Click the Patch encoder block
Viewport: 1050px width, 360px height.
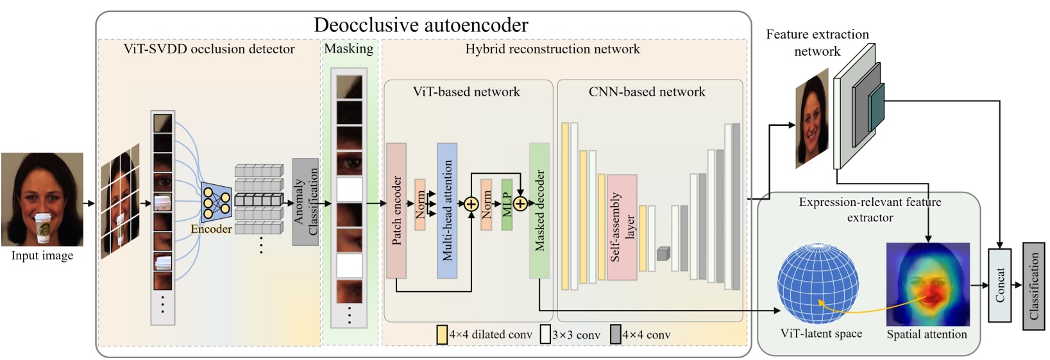(x=396, y=210)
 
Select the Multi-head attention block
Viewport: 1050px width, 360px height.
(x=447, y=210)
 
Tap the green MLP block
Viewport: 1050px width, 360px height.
(x=507, y=204)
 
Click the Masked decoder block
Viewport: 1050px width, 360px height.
(x=539, y=210)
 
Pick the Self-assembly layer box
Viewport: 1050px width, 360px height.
(x=622, y=227)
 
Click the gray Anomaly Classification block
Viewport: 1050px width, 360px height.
(x=305, y=201)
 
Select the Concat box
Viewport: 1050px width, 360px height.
(x=999, y=285)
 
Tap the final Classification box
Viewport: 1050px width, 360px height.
(x=1033, y=286)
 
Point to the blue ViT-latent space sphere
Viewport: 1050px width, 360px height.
(x=818, y=284)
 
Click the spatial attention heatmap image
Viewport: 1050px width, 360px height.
(x=927, y=284)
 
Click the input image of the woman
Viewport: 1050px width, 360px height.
(x=42, y=199)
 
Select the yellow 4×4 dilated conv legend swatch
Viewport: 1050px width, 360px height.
(x=442, y=334)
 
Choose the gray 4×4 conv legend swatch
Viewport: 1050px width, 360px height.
(x=615, y=334)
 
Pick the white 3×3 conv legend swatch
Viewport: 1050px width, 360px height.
(x=545, y=334)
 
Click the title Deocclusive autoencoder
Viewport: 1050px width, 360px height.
(x=421, y=25)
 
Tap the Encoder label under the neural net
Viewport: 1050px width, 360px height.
(x=211, y=229)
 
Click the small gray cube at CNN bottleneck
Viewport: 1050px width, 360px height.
(x=663, y=253)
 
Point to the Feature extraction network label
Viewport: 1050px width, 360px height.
(x=817, y=42)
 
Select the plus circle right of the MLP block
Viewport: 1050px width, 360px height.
(x=520, y=204)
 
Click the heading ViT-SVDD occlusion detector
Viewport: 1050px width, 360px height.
(x=209, y=49)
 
